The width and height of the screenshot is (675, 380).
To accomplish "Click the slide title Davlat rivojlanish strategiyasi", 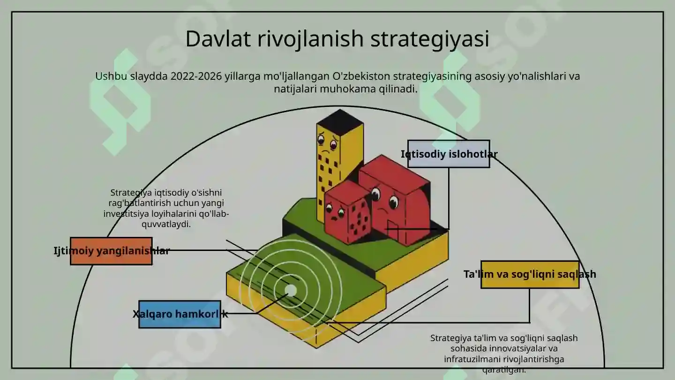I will coord(337,39).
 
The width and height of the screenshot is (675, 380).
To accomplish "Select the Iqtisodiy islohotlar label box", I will coord(449,154).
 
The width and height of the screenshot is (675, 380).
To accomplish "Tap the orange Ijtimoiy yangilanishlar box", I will coord(111,251).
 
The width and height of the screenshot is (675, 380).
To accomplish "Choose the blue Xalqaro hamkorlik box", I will coord(180,314).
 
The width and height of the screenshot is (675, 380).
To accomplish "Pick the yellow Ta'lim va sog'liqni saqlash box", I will coord(530,274).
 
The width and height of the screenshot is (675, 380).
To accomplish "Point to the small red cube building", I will coord(347,213).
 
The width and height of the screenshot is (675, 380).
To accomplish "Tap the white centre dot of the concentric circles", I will coord(291,291).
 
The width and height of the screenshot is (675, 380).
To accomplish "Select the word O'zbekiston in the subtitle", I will coord(361,76).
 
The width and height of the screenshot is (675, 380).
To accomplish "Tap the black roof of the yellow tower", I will coord(340,120).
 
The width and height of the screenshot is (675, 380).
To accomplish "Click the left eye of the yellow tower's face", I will coord(322,139).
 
